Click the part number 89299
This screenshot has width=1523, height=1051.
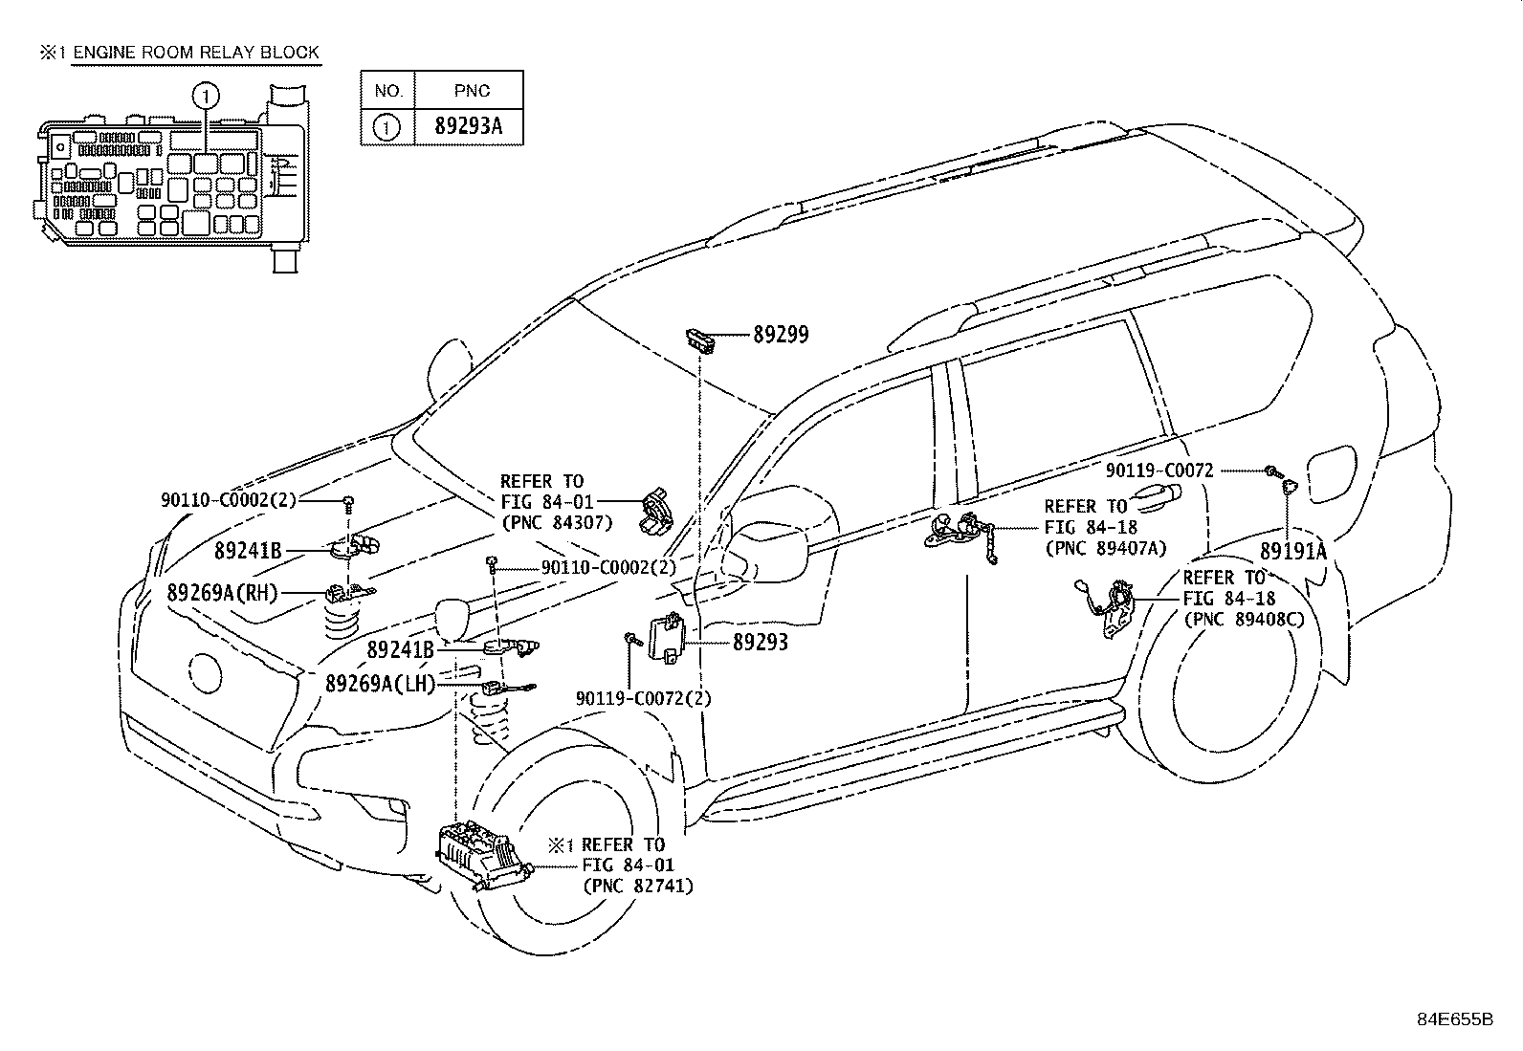click(781, 335)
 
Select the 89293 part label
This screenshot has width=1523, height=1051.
click(761, 642)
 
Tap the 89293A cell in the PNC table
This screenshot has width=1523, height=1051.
click(469, 126)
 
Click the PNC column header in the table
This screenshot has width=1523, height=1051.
click(472, 91)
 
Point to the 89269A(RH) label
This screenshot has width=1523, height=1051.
click(222, 593)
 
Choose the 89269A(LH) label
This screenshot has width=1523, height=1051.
click(380, 683)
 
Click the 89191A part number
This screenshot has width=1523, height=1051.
click(1293, 551)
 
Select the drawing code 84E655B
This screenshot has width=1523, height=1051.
click(1455, 1019)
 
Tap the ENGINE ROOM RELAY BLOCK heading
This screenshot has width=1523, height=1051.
click(196, 53)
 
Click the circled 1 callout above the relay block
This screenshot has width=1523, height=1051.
click(206, 96)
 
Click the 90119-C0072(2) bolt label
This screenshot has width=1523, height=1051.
click(643, 698)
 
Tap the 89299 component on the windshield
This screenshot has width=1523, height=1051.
click(699, 338)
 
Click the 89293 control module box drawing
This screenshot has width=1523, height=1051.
click(666, 636)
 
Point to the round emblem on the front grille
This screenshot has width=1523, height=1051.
click(206, 672)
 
